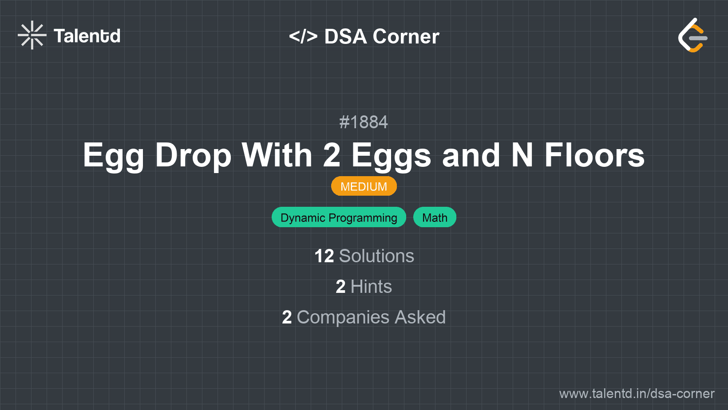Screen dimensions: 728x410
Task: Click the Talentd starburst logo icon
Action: pos(32,35)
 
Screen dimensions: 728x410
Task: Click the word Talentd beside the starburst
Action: pos(87,36)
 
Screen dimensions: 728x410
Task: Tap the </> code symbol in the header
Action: pos(303,36)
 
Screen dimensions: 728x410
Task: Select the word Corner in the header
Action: pos(406,36)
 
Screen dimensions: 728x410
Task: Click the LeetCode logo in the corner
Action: pos(692,35)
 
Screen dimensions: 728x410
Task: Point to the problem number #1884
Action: pos(364,122)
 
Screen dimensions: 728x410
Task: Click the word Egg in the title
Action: pos(113,156)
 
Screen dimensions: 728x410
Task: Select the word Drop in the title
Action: pos(193,156)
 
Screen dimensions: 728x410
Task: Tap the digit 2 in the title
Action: pos(332,155)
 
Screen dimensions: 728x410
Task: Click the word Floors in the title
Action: pos(594,155)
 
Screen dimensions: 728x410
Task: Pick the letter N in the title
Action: pos(522,155)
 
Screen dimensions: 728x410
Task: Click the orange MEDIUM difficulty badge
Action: pos(364,186)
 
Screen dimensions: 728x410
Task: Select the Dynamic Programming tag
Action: pos(339,217)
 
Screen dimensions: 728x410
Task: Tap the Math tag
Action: pos(435,217)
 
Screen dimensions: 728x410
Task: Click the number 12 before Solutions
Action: pos(324,256)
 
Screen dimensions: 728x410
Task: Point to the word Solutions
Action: pos(376,256)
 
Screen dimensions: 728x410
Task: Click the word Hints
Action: pos(371,287)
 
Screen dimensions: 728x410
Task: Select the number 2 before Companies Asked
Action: pos(287,317)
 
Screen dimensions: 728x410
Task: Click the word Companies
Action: pos(343,317)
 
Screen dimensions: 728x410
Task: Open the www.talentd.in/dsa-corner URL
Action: pos(637,394)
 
